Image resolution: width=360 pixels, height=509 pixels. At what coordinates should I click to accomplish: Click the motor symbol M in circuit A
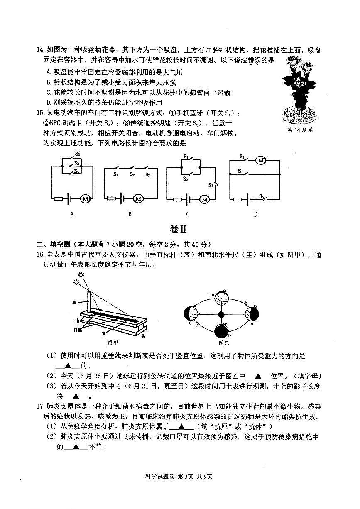(85, 199)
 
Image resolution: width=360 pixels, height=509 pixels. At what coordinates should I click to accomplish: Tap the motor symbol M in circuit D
(261, 160)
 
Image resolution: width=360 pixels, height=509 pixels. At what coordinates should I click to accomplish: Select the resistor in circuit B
(111, 198)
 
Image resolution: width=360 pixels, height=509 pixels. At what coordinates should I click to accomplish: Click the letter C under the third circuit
(188, 214)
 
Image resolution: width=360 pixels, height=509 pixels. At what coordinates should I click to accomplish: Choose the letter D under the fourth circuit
(256, 214)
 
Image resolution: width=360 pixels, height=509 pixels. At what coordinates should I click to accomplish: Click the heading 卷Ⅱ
(180, 229)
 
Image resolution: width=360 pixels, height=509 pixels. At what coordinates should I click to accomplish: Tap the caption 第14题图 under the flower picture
(300, 130)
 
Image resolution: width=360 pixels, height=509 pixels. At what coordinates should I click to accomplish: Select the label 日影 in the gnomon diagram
(77, 330)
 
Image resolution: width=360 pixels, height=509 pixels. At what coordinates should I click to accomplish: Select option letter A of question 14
(49, 72)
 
